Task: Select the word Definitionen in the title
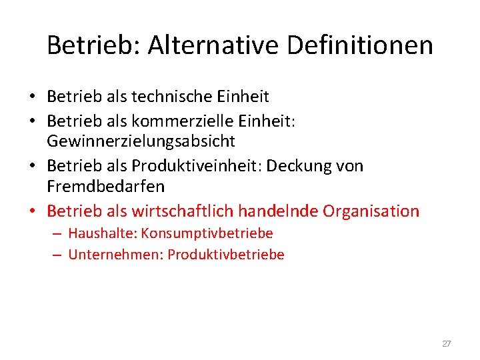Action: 350,46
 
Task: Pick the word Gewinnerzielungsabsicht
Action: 141,141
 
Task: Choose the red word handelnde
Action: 278,211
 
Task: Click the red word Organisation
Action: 371,211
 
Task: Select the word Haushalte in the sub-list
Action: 101,233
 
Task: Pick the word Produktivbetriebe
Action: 226,255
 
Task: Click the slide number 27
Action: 447,344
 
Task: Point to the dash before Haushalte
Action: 56,234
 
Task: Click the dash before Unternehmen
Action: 56,255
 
